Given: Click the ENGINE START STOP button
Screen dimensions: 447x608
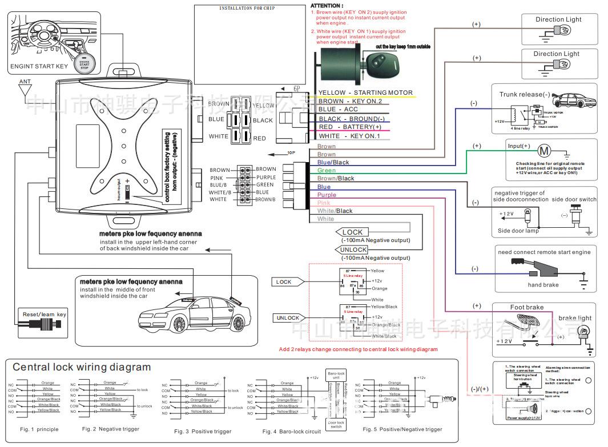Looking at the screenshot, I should [84, 62].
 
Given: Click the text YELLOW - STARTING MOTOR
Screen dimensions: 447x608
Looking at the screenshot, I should [365, 92].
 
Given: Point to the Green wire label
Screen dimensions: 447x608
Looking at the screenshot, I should [326, 171].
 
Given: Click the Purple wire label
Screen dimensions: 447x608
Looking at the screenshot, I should [327, 195].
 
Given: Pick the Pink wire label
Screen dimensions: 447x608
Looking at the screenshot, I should [324, 203].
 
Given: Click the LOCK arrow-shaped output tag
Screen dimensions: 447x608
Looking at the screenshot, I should [352, 232].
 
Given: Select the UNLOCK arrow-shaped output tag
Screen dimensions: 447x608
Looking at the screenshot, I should [353, 250].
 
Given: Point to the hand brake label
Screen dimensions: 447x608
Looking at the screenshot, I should [543, 285].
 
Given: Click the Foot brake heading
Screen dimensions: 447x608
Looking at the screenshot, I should [526, 307].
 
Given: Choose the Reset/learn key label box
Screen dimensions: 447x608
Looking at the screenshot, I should [44, 315].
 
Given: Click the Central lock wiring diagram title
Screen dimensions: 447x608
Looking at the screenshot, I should [82, 367].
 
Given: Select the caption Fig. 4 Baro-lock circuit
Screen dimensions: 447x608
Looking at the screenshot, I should [291, 432].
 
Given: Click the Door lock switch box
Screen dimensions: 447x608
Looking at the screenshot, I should [336, 424].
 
